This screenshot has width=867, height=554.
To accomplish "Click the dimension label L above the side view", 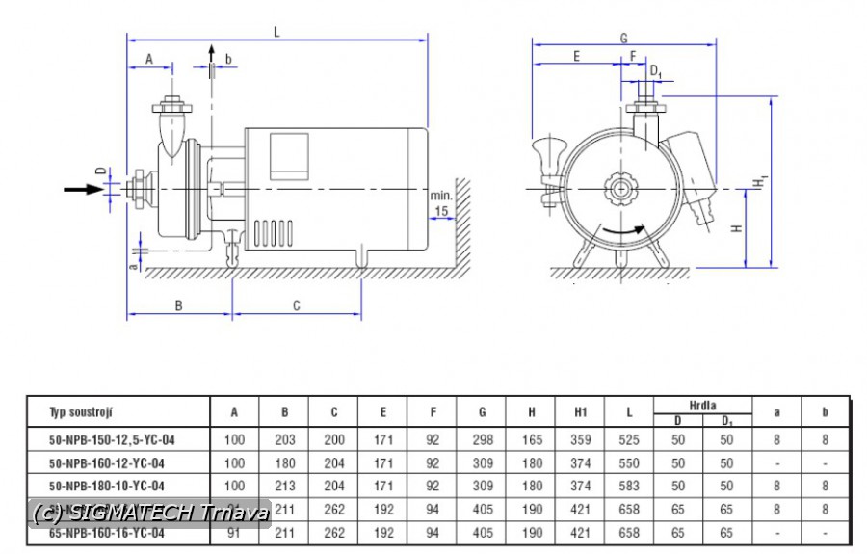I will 276,31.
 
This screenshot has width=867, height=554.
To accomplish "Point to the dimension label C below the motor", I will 297,305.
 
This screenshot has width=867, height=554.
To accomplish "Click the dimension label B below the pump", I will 178,305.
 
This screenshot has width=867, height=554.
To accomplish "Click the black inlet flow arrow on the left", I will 83,189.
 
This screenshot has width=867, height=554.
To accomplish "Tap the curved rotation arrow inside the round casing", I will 622,232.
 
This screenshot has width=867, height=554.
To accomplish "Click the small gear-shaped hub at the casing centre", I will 617,189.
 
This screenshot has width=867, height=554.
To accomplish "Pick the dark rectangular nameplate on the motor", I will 289,157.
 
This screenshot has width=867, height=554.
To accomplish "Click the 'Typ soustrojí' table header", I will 82,412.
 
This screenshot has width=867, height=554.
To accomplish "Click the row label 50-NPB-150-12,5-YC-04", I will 112,439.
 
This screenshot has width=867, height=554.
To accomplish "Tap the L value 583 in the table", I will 629,486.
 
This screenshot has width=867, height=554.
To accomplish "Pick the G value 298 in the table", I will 482,439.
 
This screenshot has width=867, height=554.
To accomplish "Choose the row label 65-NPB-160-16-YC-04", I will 107,532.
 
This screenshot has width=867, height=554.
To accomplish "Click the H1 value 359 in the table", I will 580,439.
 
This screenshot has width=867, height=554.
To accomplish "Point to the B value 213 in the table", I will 284,486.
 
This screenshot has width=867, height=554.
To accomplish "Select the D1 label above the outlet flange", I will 655,71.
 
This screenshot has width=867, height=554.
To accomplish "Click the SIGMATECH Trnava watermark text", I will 148,513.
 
